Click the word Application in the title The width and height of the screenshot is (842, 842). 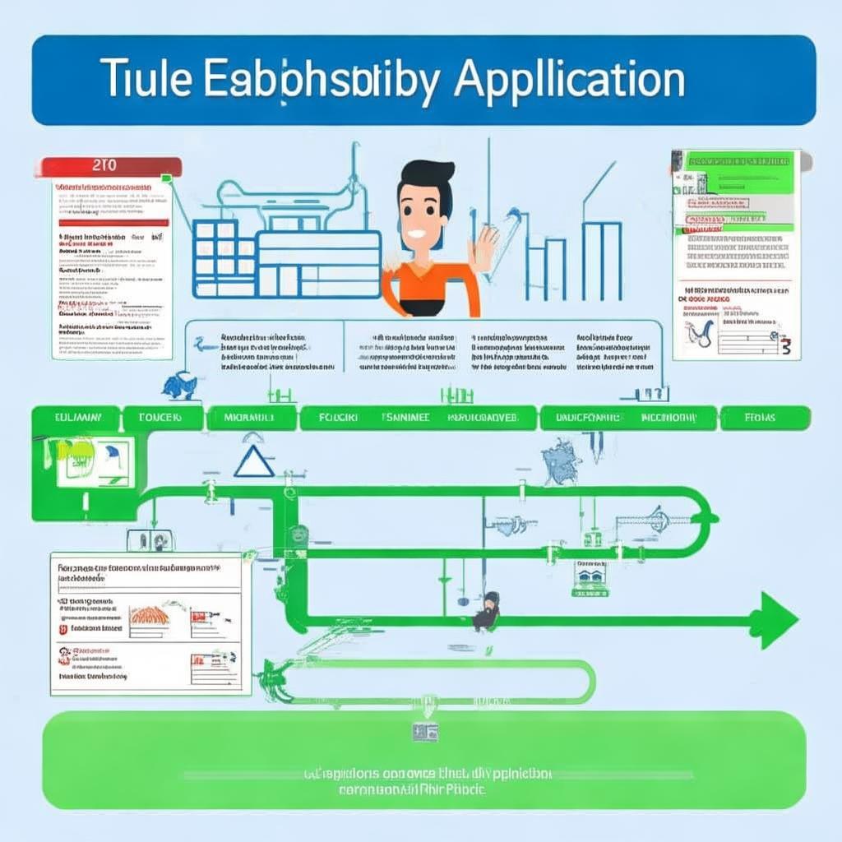[569, 81]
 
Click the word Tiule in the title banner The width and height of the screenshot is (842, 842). [148, 81]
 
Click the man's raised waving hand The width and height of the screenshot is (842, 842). [484, 246]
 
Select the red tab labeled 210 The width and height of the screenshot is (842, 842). [107, 165]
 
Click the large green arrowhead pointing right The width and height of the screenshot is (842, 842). [774, 619]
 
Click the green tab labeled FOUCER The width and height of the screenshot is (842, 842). [162, 418]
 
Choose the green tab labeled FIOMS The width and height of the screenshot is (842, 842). [760, 418]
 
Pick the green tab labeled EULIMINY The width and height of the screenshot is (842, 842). [75, 418]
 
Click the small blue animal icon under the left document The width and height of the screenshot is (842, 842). [178, 385]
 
